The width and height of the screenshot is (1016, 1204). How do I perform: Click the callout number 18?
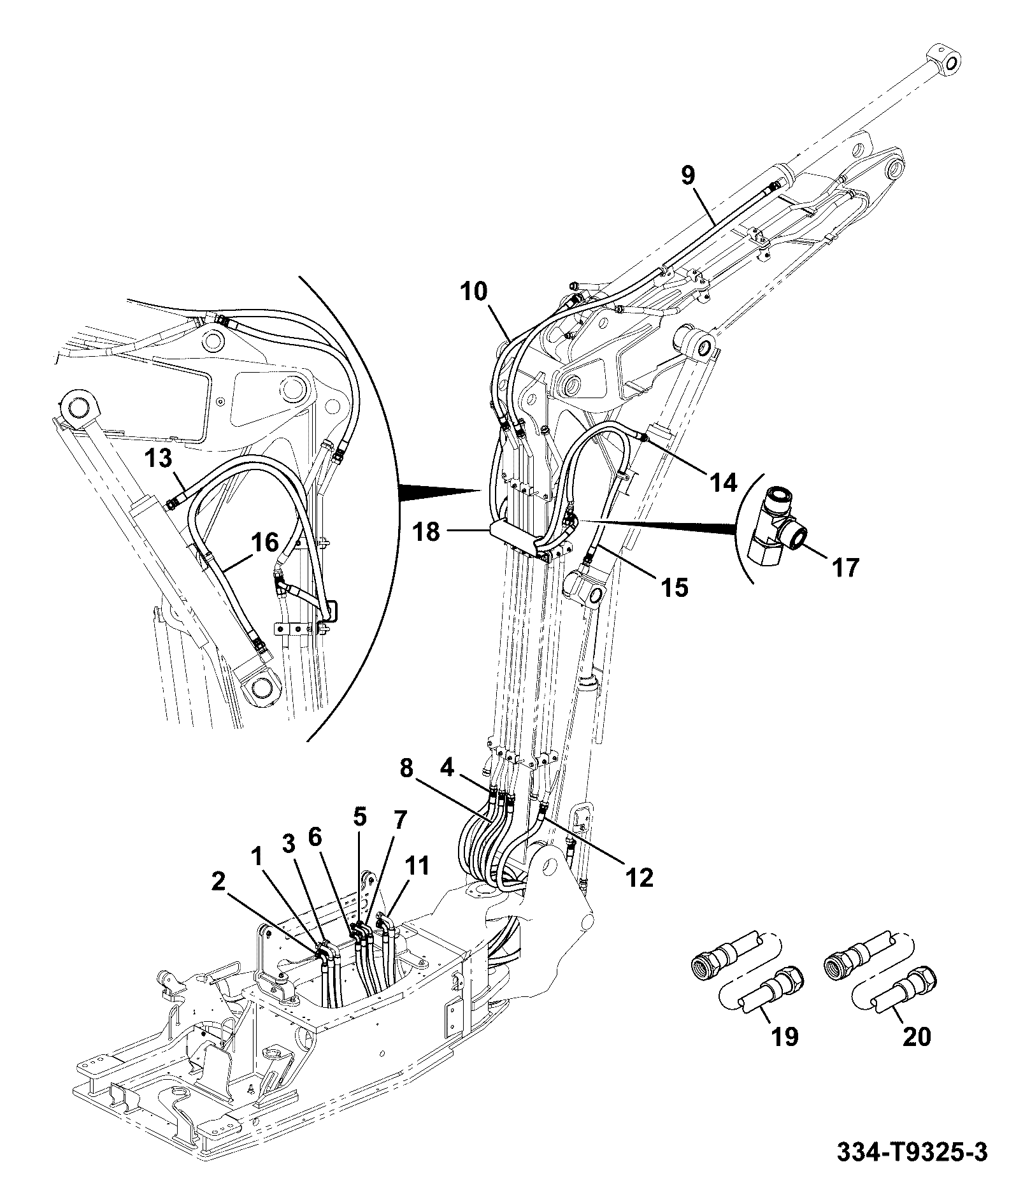click(426, 531)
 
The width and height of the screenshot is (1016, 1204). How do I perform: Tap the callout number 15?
click(675, 587)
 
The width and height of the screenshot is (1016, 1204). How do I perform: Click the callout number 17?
click(845, 566)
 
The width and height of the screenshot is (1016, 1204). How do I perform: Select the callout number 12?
click(639, 878)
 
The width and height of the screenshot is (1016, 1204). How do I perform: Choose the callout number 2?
click(218, 881)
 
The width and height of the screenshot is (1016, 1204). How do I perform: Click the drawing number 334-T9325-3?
click(912, 1152)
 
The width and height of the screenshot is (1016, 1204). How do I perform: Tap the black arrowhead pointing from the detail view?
click(440, 491)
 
